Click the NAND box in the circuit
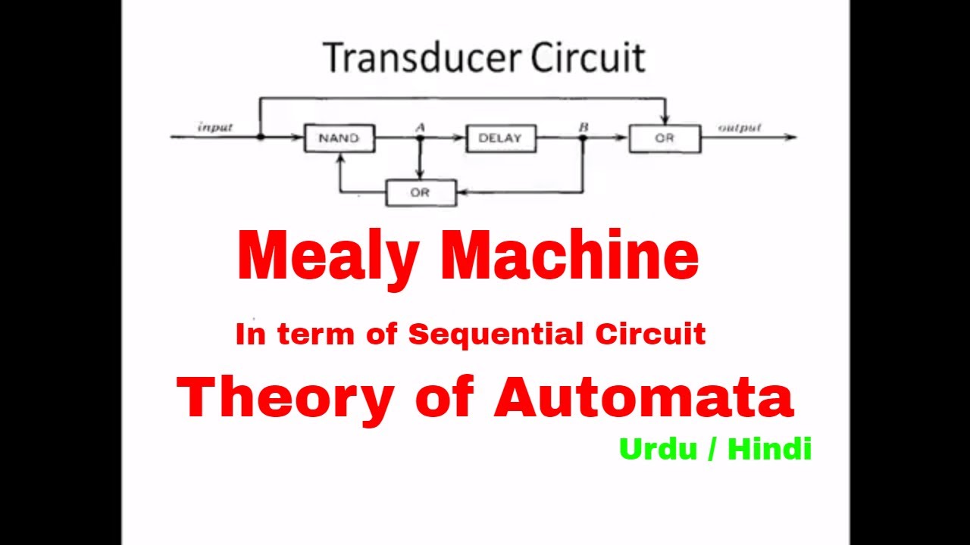click(x=339, y=139)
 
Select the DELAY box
click(x=500, y=139)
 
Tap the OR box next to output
click(x=665, y=139)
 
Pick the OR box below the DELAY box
click(x=421, y=193)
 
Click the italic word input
click(x=215, y=127)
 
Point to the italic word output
click(x=740, y=127)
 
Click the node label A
click(x=420, y=127)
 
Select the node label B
click(x=583, y=127)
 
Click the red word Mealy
click(x=327, y=256)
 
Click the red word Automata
click(x=643, y=397)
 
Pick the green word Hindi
click(x=769, y=449)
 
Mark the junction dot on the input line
click(x=260, y=137)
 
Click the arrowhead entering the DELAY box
click(x=460, y=138)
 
